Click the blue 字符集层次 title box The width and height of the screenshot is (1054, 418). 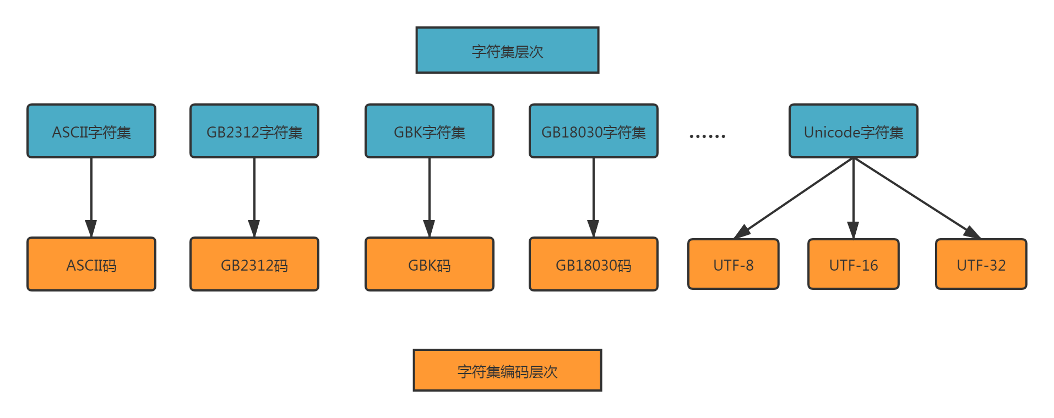pyautogui.click(x=507, y=51)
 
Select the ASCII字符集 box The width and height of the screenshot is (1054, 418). pyautogui.click(x=91, y=131)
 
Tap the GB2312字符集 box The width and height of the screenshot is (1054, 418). pyautogui.click(x=254, y=131)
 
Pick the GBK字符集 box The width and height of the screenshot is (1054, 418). pyautogui.click(x=430, y=131)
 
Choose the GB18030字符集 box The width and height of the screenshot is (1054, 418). pyautogui.click(x=594, y=131)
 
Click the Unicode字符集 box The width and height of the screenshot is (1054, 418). pyautogui.click(x=854, y=131)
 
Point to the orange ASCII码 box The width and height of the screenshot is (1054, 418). pyautogui.click(x=91, y=265)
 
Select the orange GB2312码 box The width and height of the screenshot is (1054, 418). pyautogui.click(x=254, y=265)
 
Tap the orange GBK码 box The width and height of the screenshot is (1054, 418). pyautogui.click(x=430, y=265)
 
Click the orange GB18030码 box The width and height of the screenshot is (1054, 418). pyautogui.click(x=594, y=265)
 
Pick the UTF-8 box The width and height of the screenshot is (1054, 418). pyautogui.click(x=734, y=265)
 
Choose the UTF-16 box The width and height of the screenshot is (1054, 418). pyautogui.click(x=854, y=265)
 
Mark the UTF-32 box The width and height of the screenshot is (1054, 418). pyautogui.click(x=981, y=265)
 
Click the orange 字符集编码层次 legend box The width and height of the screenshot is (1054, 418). pyautogui.click(x=507, y=371)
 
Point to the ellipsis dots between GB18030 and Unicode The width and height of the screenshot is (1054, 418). pyautogui.click(x=708, y=136)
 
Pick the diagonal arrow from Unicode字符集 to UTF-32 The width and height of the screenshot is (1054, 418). pyautogui.click(x=916, y=197)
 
